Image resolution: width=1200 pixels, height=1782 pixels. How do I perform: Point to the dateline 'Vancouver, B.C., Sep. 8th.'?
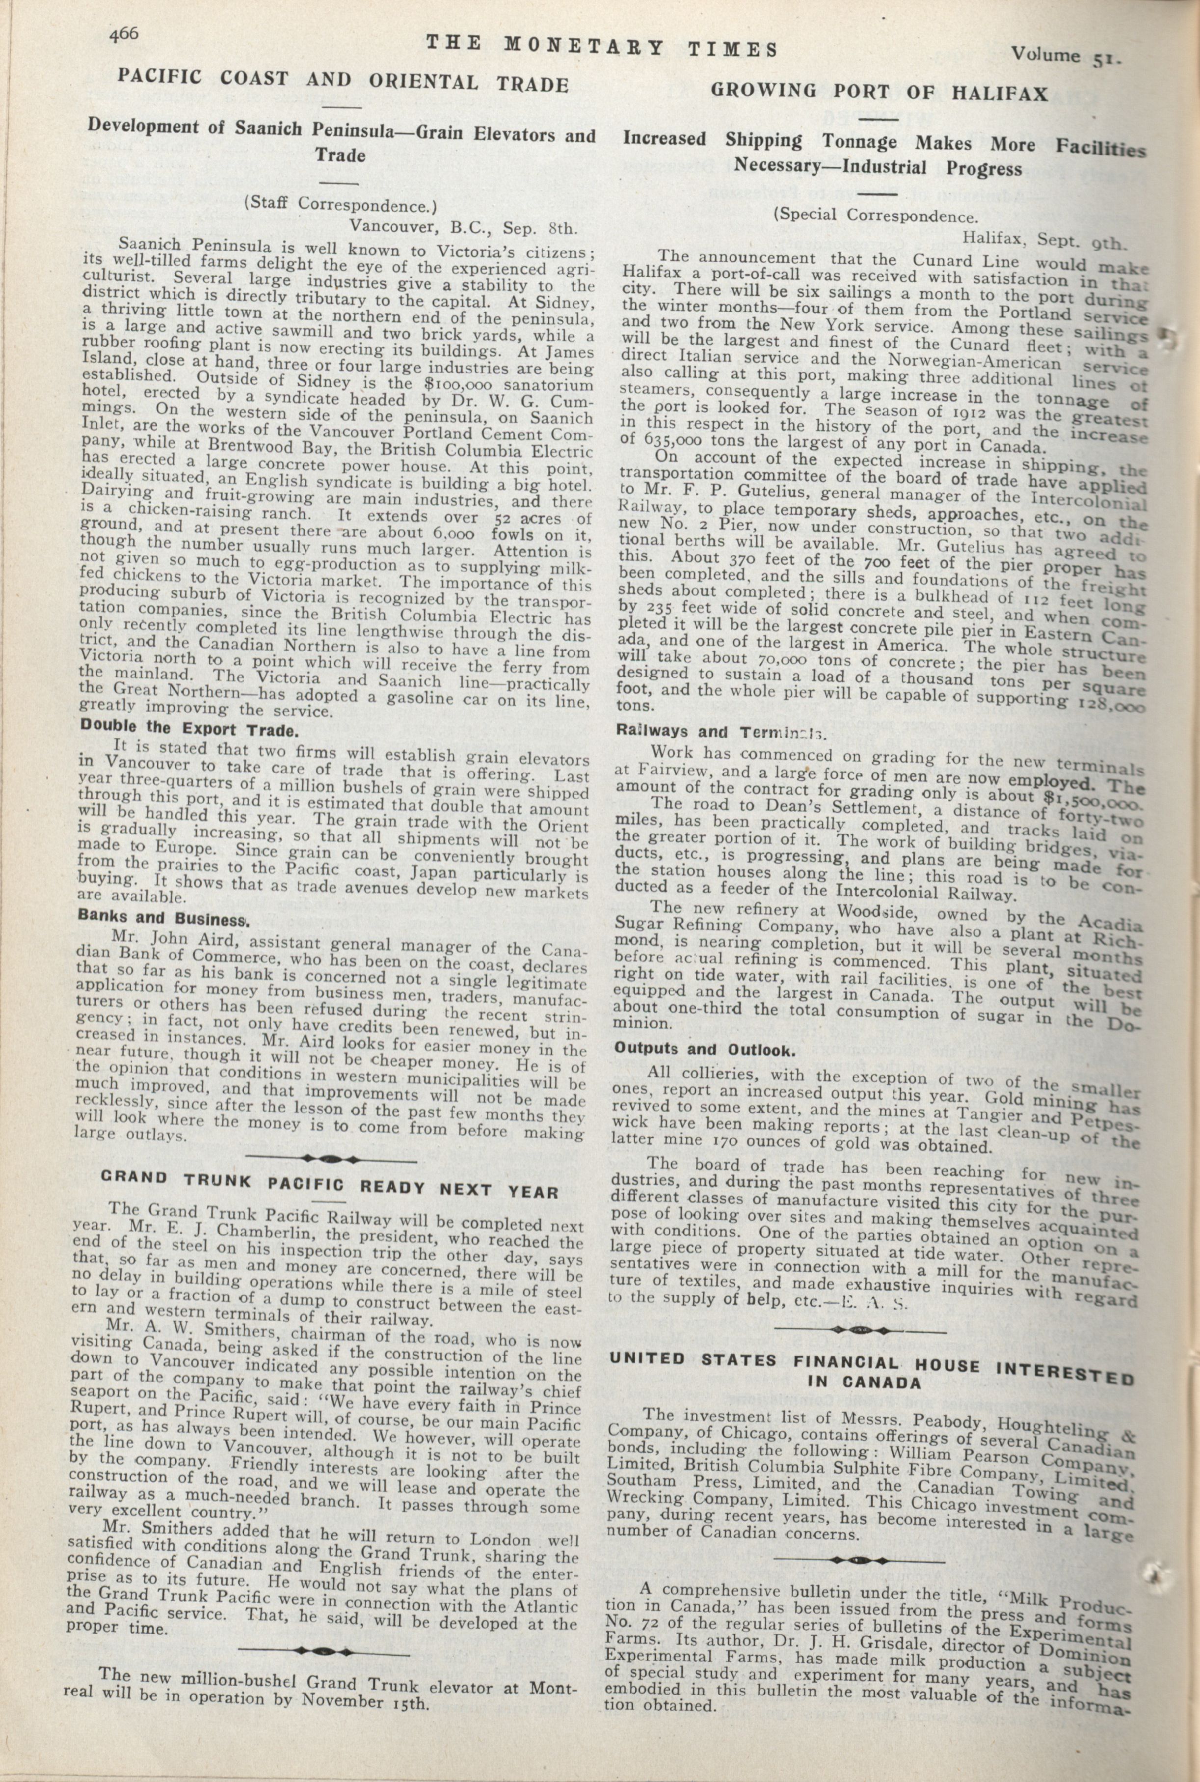(x=464, y=226)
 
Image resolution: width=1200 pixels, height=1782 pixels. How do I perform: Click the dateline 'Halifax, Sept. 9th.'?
(x=1044, y=240)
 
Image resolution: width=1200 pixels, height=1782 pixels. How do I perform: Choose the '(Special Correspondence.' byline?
(x=876, y=216)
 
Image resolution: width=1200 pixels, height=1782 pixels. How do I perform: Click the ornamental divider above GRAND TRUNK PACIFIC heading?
(x=329, y=1156)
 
